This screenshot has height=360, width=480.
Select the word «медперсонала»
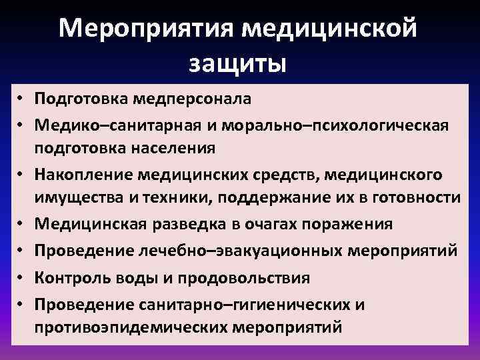tap(194, 99)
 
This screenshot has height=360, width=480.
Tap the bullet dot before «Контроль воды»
tap(22, 278)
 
